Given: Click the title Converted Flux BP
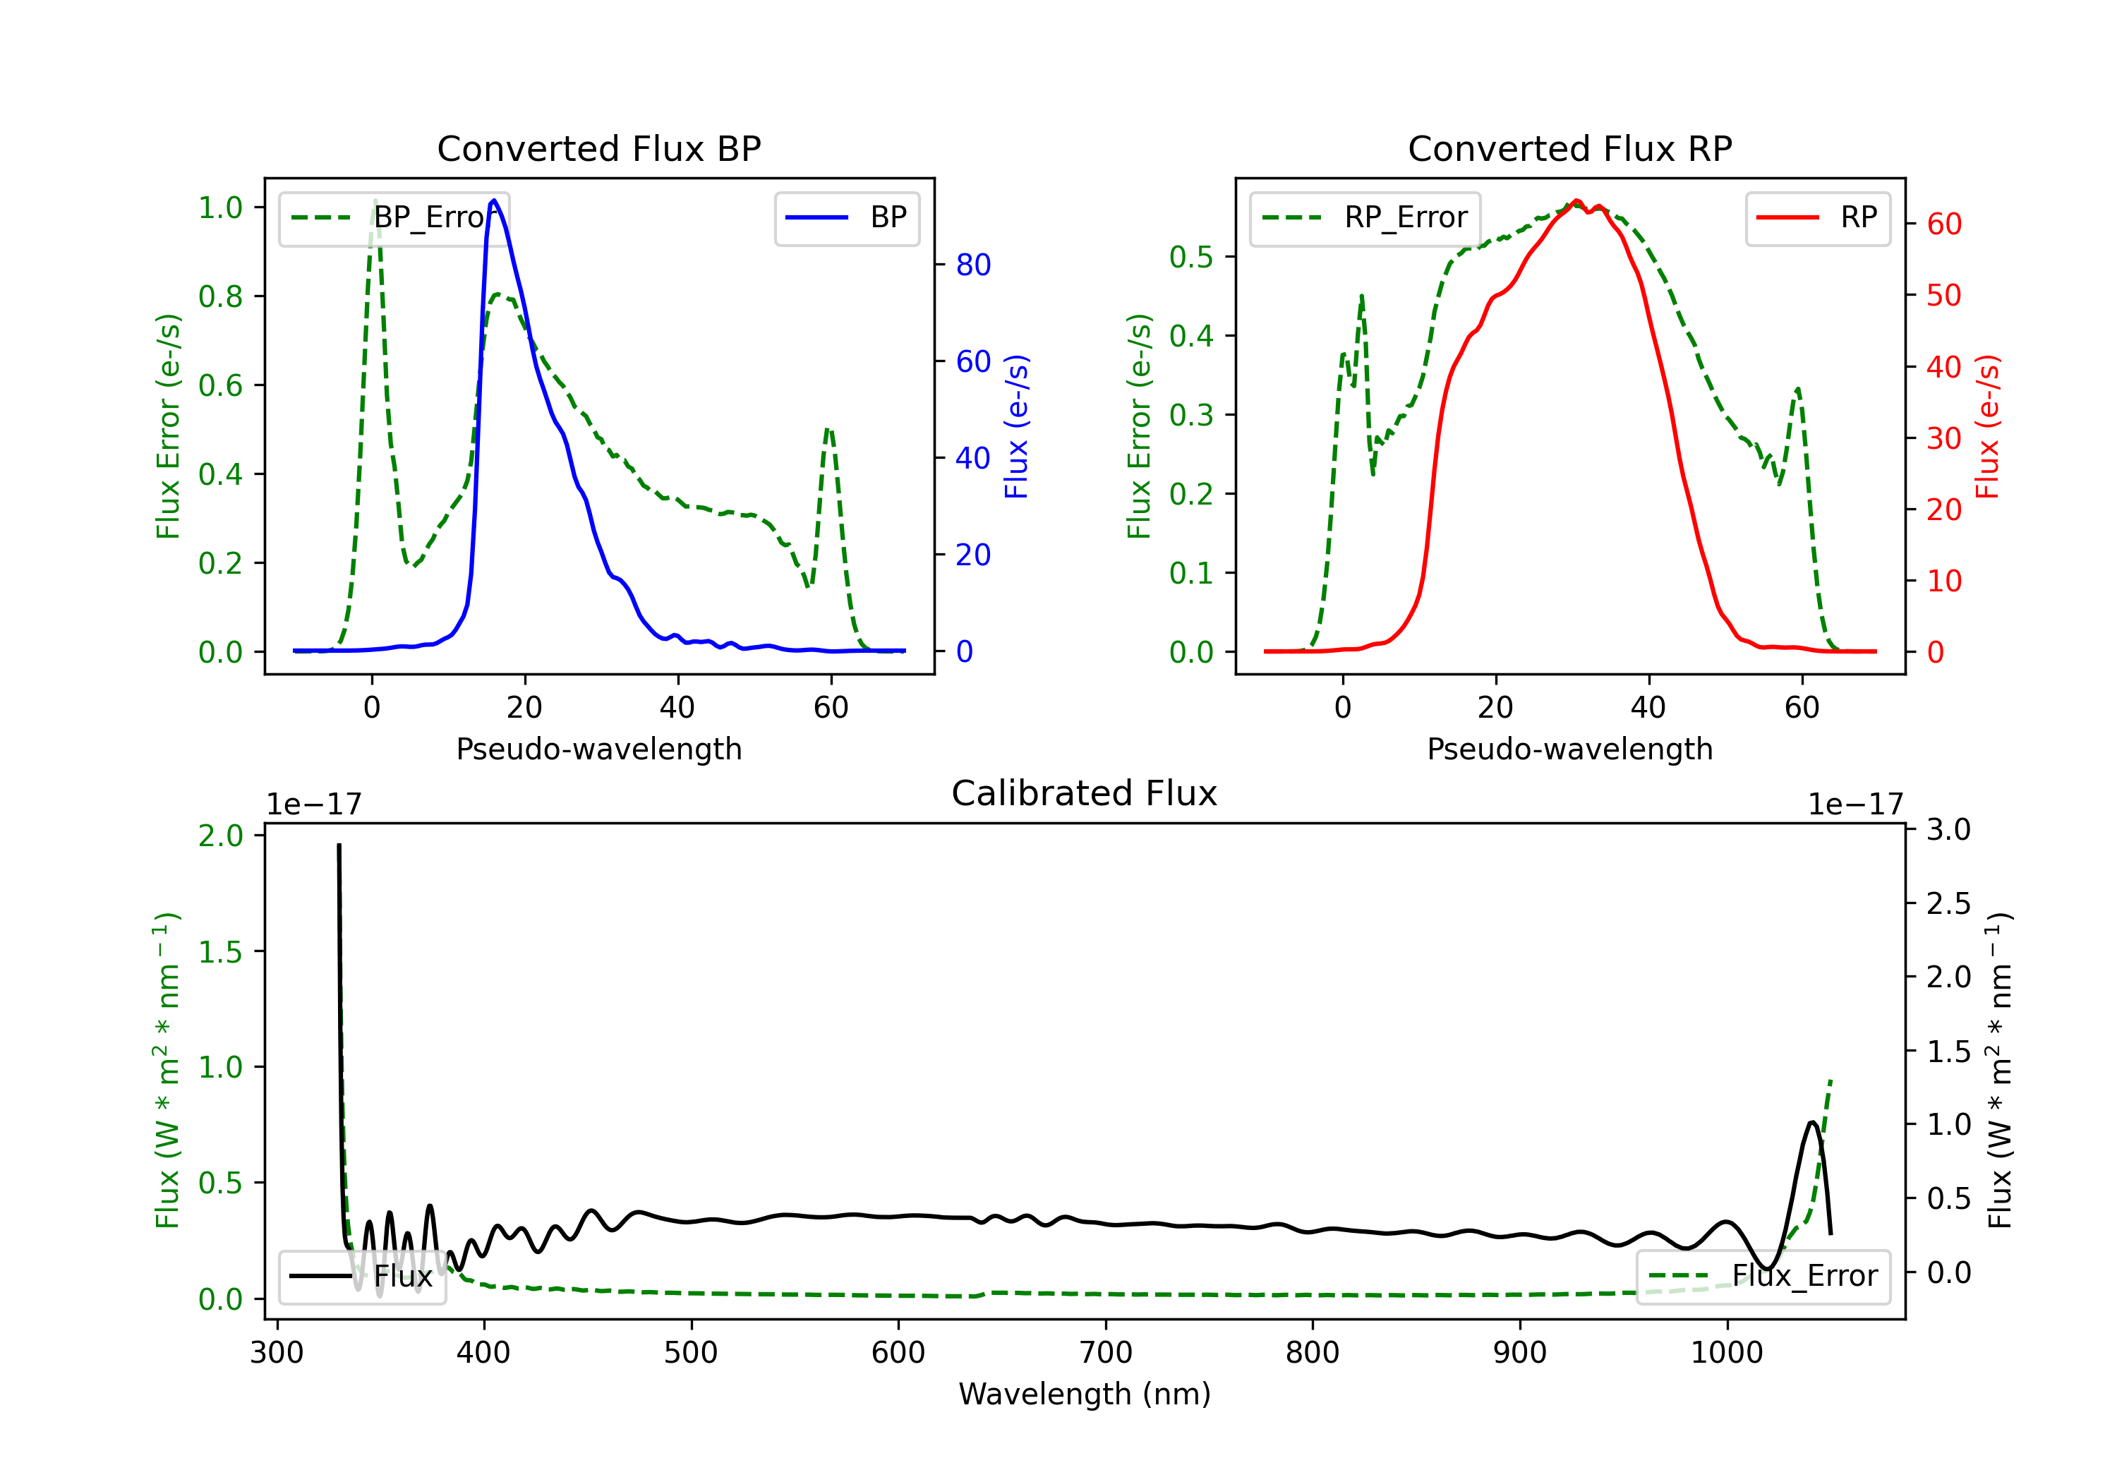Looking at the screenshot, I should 598,148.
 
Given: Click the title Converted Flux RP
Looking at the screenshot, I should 1569,148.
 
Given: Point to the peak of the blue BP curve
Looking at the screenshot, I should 494,200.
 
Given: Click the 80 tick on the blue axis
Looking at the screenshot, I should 972,265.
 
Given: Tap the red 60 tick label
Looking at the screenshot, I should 1943,224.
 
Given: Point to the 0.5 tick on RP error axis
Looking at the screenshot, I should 1190,258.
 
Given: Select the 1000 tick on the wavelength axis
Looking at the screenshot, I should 1726,1353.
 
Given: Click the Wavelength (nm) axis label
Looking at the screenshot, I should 1085,1394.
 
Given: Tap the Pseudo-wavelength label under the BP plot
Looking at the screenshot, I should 598,749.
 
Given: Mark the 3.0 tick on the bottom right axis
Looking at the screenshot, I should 1948,830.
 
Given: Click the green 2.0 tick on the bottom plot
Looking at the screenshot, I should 220,836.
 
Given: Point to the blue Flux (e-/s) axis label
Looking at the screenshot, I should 1015,426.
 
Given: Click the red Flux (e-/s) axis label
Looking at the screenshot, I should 1987,426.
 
